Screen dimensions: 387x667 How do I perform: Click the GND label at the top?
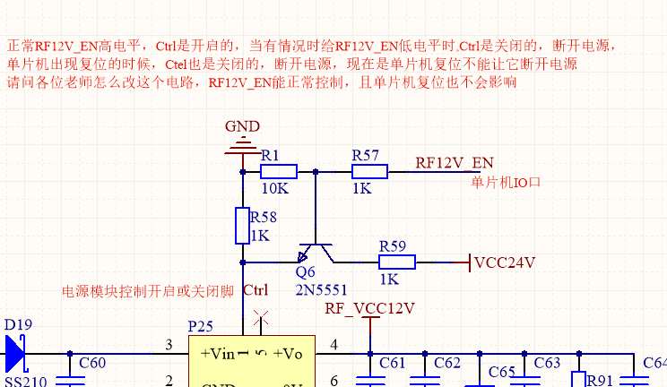click(x=242, y=126)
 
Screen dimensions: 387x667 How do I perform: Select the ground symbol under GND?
click(x=242, y=145)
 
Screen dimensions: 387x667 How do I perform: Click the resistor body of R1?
click(x=279, y=171)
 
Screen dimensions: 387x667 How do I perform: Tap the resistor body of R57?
click(x=369, y=171)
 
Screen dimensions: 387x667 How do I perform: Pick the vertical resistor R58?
click(x=242, y=226)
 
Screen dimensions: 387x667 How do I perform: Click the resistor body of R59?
click(x=396, y=262)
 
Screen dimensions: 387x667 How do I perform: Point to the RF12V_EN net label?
click(x=455, y=162)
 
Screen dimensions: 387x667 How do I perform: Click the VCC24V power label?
click(x=505, y=262)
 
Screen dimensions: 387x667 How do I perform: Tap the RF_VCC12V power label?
click(x=369, y=309)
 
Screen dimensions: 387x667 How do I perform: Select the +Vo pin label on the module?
click(x=289, y=353)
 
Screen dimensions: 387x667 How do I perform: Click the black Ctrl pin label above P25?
click(x=256, y=290)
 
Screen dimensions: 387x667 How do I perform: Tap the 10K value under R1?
click(x=274, y=190)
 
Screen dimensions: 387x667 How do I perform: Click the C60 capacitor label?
click(x=92, y=363)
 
